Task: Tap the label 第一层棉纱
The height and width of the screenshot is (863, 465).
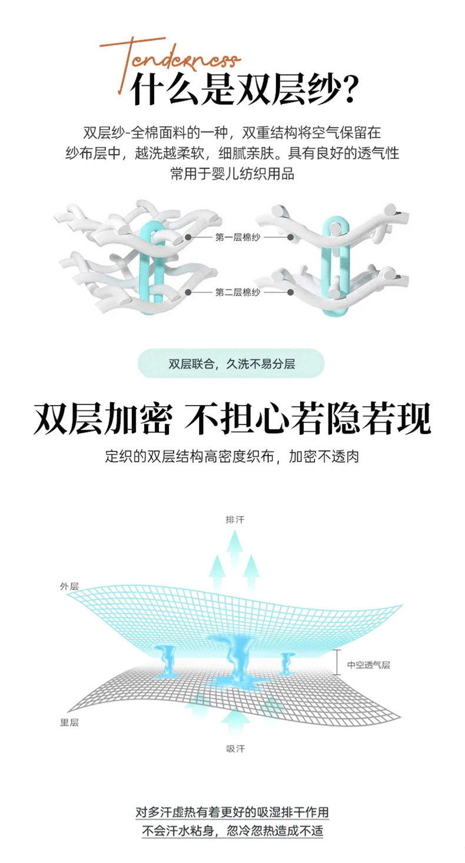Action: point(237,238)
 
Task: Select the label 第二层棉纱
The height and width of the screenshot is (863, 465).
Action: point(237,292)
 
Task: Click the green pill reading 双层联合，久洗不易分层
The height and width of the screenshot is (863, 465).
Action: point(231,363)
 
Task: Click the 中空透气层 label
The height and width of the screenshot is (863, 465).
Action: point(368,665)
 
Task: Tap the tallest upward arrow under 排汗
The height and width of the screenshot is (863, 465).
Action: point(235,558)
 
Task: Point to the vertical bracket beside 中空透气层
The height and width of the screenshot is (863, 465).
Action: point(336,663)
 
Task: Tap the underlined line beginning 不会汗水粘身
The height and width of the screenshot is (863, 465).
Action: point(232,831)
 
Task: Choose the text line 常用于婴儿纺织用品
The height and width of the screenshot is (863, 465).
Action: point(232,174)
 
